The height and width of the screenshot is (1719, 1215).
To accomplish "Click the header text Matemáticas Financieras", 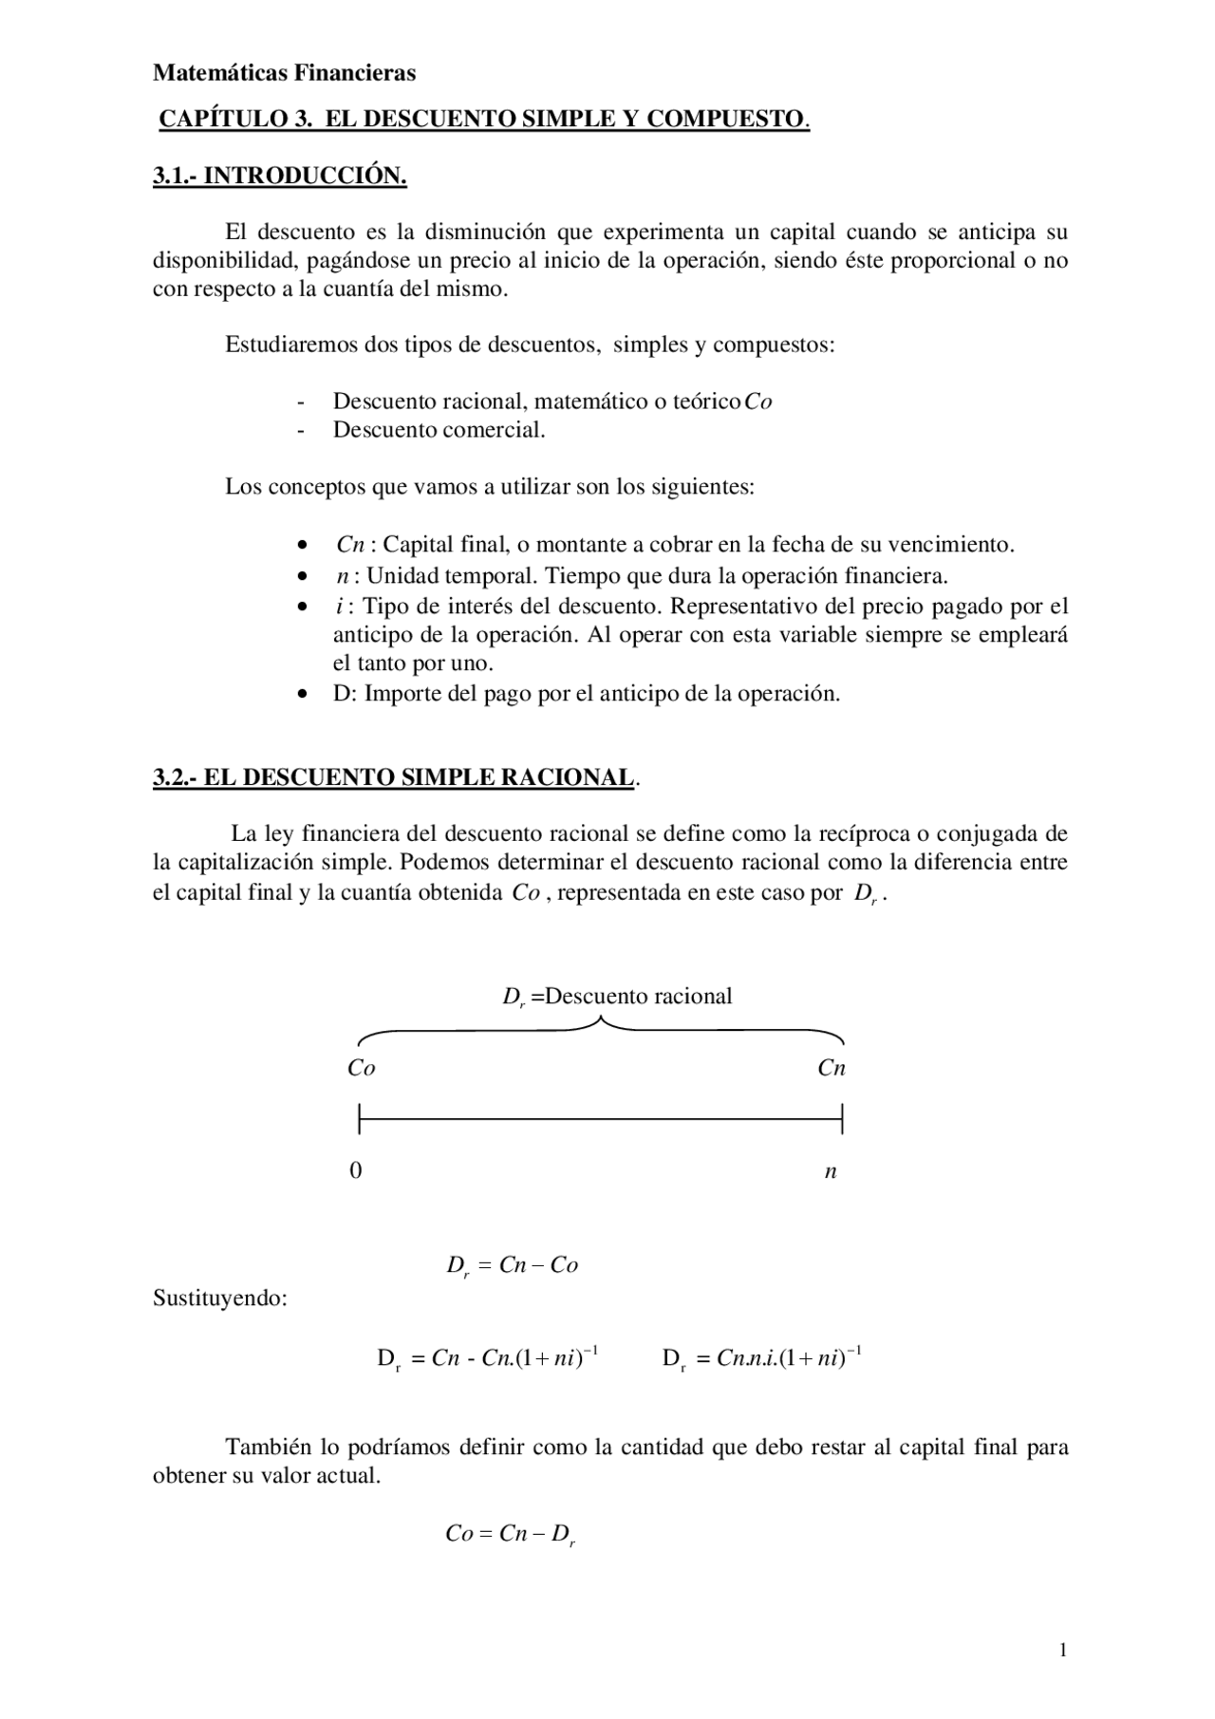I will pos(284,73).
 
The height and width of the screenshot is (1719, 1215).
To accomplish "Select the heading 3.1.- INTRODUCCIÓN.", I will pos(279,177).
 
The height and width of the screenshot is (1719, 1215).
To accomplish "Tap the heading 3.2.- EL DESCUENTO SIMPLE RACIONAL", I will pos(394,777).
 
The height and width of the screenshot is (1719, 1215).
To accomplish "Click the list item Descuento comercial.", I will pos(439,430).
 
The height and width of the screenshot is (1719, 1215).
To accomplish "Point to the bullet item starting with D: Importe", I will pos(586,694).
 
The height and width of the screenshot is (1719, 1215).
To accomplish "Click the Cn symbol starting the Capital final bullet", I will pos(350,545).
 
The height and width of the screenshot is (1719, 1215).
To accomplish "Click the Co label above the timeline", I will pos(362,1069).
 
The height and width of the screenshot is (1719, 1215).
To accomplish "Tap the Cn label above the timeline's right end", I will pos(832,1069).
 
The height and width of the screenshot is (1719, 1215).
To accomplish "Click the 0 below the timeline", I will pos(356,1171).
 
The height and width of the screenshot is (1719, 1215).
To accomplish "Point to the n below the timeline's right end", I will pos(831,1172).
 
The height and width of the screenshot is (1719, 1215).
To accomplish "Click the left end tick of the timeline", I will pos(360,1119).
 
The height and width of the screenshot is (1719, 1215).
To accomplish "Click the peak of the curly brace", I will pos(600,1021).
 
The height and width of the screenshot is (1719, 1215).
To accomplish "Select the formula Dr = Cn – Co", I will pos(513,1266).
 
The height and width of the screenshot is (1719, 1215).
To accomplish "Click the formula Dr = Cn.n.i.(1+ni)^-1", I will pos(761,1358).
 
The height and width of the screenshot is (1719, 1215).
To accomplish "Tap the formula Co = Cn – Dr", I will pos(511,1535).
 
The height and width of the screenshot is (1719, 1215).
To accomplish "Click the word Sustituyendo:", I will pos(220,1298).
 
